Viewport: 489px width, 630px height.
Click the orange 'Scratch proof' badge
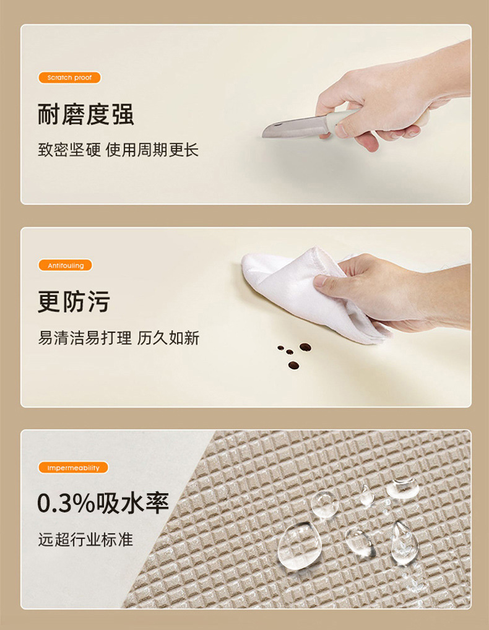(x=69, y=78)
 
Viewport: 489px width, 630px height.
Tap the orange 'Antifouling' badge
(x=65, y=265)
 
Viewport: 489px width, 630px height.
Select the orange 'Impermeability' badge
(x=73, y=468)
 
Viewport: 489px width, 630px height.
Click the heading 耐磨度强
(x=85, y=114)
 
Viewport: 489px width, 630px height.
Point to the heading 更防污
(x=74, y=302)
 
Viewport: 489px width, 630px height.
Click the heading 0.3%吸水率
(x=103, y=503)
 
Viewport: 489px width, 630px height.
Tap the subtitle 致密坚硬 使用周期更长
(x=118, y=150)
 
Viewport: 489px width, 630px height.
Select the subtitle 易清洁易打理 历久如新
(x=118, y=338)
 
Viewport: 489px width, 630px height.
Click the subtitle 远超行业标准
(x=85, y=539)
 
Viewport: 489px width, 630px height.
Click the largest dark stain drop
(x=305, y=347)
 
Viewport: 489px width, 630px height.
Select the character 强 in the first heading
(x=122, y=114)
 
